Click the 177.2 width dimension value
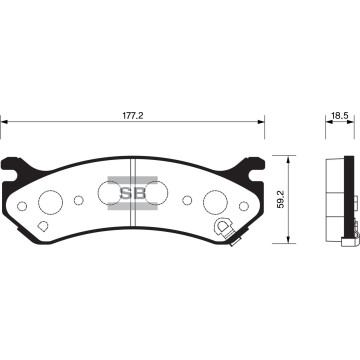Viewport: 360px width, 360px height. (133, 116)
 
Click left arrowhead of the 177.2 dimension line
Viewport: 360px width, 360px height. (4, 124)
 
